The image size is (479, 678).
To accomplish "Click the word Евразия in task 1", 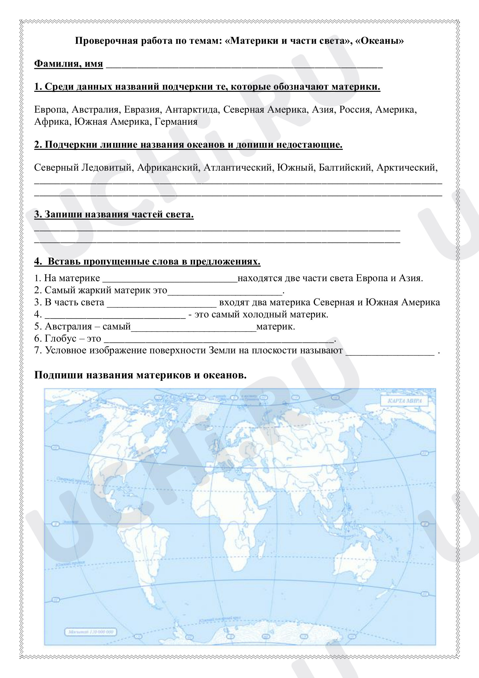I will pyautogui.click(x=141, y=109).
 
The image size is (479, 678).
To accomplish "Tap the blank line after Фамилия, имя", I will pyautogui.click(x=244, y=65).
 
